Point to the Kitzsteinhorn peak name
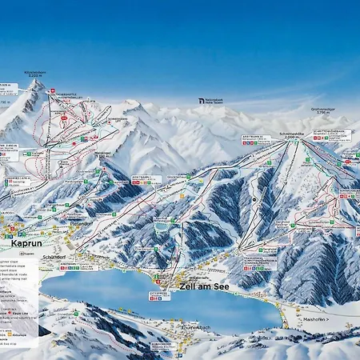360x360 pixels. (35, 72)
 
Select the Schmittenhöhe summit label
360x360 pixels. (291, 133)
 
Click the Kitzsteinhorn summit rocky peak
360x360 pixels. (36, 84)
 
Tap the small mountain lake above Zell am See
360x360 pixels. (162, 226)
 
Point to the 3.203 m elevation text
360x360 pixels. (35, 76)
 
